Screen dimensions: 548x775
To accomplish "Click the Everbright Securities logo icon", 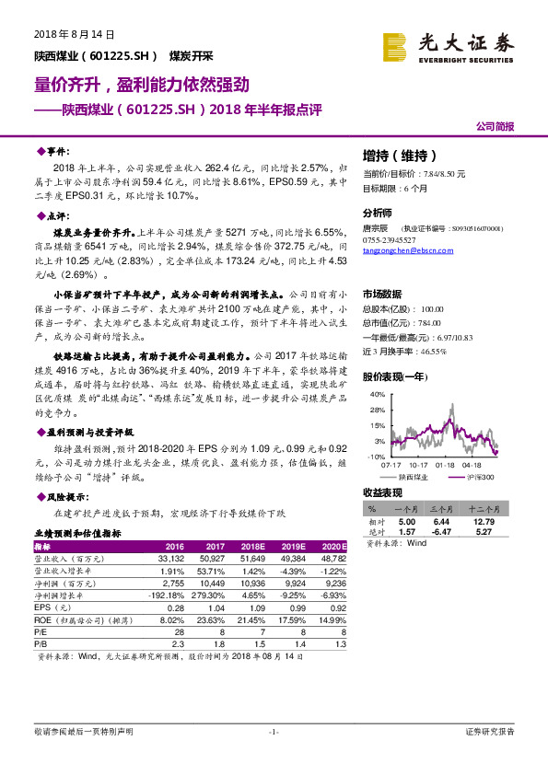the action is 395,45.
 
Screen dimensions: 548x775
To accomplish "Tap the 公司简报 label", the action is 495,126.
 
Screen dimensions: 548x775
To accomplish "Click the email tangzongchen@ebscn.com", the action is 402,249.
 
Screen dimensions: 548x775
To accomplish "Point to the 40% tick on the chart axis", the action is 378,393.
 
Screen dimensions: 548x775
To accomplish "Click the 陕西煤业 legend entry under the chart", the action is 416,477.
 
